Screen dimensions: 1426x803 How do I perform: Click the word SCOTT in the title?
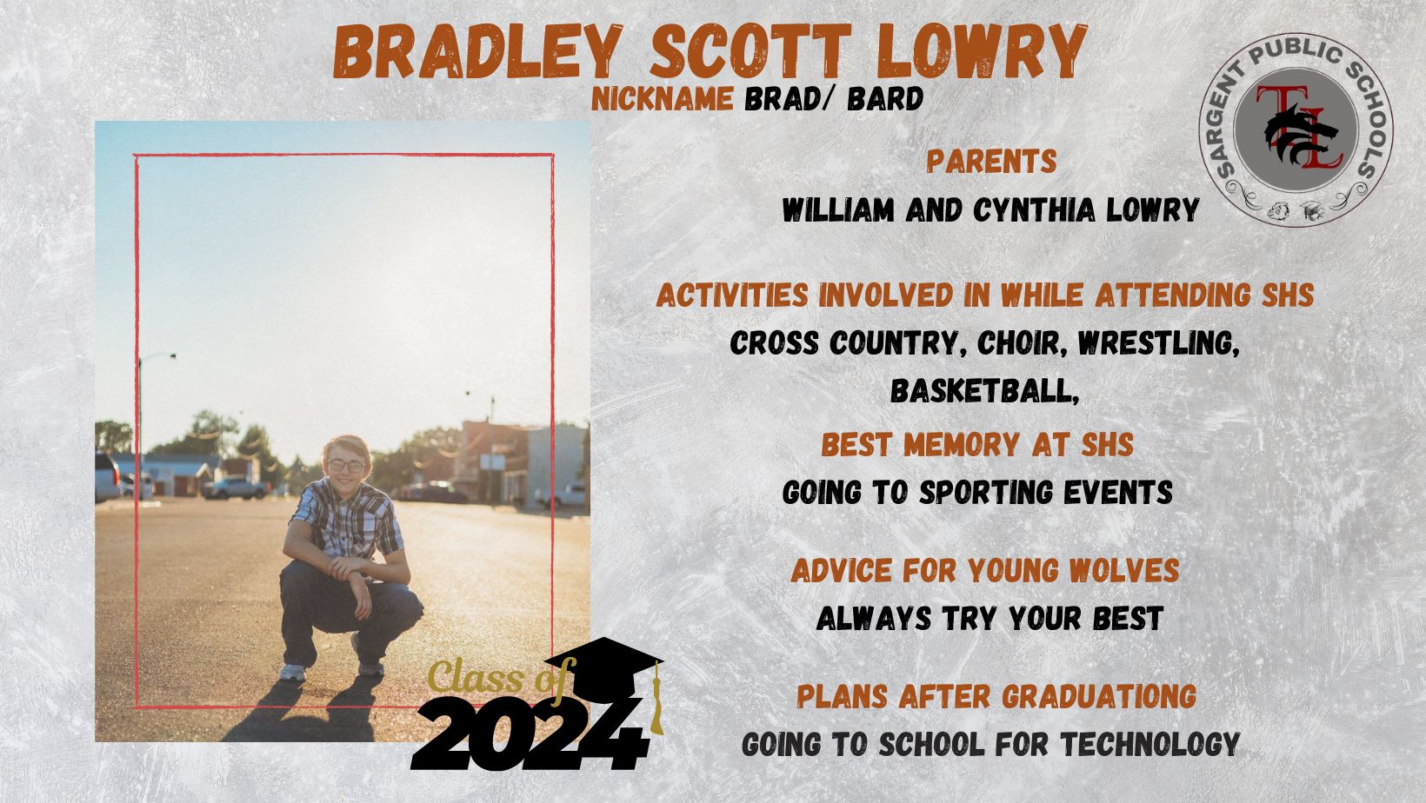(x=750, y=51)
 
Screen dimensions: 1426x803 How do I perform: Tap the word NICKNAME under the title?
(x=662, y=98)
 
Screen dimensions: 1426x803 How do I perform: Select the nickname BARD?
(x=885, y=98)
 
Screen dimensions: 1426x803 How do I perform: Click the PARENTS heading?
(x=991, y=161)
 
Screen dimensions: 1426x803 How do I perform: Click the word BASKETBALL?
(x=984, y=391)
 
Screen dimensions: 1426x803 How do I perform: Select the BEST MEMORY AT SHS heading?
(x=977, y=444)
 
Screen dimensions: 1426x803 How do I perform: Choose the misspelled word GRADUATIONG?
(x=1098, y=696)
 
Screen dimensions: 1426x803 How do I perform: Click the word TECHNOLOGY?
(x=1150, y=744)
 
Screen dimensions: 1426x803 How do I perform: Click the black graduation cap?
(x=603, y=668)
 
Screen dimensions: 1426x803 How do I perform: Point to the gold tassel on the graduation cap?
(x=656, y=707)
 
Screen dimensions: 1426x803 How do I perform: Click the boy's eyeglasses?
(x=347, y=465)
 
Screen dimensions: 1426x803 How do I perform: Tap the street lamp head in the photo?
(x=170, y=355)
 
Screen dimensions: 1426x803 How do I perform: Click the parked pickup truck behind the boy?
(x=236, y=488)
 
